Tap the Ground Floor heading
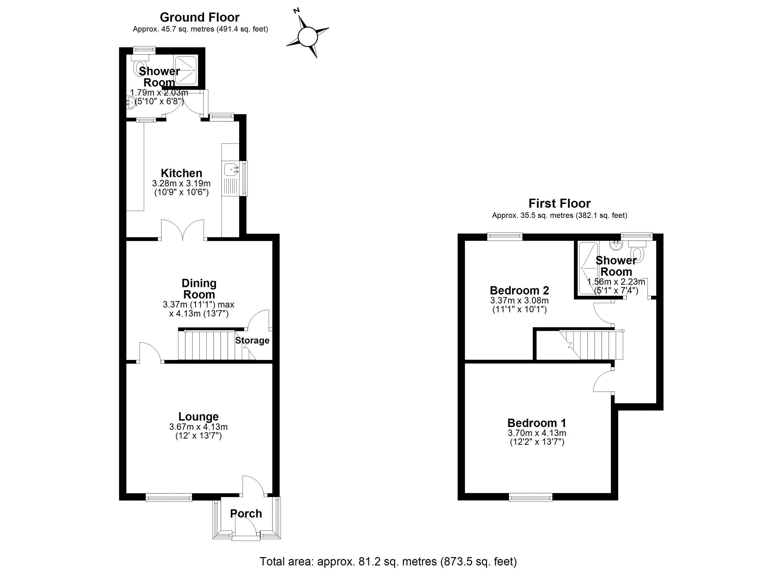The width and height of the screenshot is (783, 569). click(x=200, y=17)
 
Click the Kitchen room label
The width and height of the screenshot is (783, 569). click(x=181, y=173)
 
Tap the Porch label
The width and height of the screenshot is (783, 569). click(x=246, y=514)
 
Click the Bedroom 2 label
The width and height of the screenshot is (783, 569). click(x=519, y=290)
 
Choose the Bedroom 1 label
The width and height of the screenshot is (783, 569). click(x=536, y=423)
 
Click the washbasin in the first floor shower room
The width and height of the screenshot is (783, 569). click(x=615, y=245)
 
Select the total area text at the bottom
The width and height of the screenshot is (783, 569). click(x=388, y=561)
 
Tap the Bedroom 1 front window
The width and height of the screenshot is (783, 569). click(x=530, y=497)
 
